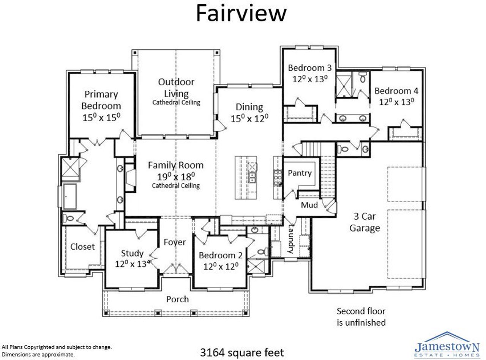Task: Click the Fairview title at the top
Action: coord(241,14)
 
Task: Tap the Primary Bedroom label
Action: coord(101,100)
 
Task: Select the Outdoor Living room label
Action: coord(176,88)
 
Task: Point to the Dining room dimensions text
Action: coord(249,118)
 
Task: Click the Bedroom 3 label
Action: coord(309,68)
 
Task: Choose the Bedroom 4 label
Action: coord(396,91)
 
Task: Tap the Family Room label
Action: coord(175,165)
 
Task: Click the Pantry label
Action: coord(300,173)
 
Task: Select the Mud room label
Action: coord(309,205)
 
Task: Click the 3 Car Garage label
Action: coord(364,222)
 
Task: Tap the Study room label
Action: coord(132,253)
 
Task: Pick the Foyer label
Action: coord(175,242)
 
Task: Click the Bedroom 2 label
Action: coord(221,255)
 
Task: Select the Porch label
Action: coord(177,299)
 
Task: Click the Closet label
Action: coord(82,247)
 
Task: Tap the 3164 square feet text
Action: coord(242,352)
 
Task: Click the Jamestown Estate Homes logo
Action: coord(447,345)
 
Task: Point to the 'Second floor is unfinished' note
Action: coord(361,317)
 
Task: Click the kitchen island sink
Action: coord(252,177)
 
